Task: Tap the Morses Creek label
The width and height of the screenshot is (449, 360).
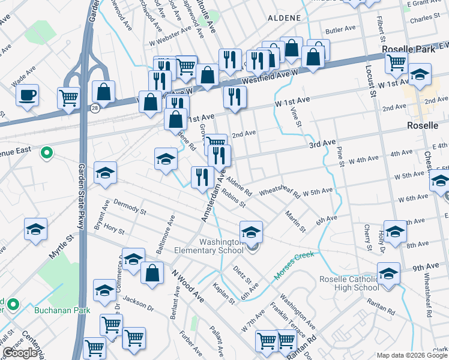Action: coord(294,265)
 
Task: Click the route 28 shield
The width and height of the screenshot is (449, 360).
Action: coord(95,107)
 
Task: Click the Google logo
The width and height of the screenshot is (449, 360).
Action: coord(20,353)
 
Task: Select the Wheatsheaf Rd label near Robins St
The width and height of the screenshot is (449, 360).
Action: coord(279,191)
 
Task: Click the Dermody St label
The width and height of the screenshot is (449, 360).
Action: coord(130,207)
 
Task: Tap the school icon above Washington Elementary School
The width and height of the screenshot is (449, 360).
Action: coord(252,230)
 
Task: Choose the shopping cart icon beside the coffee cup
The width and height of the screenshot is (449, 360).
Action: coord(68,97)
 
